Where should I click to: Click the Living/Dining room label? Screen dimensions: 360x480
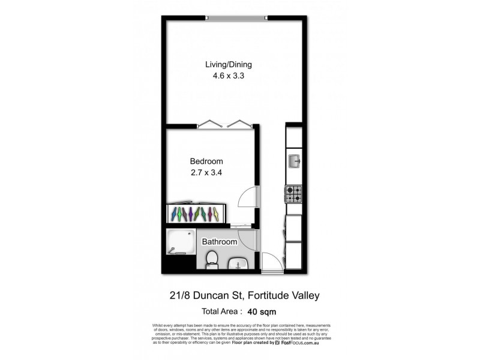[228, 65]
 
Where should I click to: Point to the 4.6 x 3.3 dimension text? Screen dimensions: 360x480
[228, 76]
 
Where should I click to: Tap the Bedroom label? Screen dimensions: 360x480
[206, 161]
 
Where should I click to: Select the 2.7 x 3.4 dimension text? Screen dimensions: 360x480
[206, 173]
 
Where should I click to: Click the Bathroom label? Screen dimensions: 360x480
[219, 242]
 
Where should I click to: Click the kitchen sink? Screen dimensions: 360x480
[295, 161]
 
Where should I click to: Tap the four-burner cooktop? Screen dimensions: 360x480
[293, 194]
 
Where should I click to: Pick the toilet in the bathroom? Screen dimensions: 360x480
[211, 259]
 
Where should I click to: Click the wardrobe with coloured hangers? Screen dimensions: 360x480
[196, 213]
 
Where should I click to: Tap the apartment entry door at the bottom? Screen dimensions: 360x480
[272, 262]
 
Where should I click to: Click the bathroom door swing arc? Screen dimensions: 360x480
[250, 240]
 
